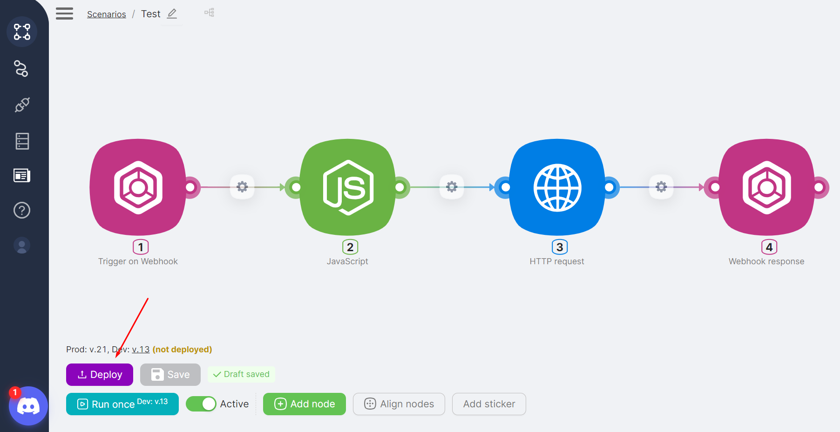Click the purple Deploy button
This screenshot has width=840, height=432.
pos(100,375)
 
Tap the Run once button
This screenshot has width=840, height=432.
pos(122,404)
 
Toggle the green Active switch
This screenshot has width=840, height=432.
pos(201,404)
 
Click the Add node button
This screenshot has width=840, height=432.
pos(305,404)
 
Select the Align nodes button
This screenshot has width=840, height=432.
pos(399,404)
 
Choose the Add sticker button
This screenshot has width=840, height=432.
pos(489,404)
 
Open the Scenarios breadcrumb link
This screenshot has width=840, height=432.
pos(107,14)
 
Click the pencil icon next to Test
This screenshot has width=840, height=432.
pos(172,14)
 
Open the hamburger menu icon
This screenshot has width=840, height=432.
pos(65,14)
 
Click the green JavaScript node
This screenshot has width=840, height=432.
pos(348,187)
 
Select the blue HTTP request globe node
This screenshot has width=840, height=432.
pos(557,187)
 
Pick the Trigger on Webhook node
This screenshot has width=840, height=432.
pos(138,187)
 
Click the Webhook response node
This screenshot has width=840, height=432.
pos(767,187)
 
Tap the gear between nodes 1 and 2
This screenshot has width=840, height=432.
pos(242,187)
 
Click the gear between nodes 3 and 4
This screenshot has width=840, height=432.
pos(661,187)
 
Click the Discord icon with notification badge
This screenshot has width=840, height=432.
pos(28,406)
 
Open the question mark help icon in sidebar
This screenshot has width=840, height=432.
pos(22,210)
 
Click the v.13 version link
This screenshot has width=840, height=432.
pos(141,350)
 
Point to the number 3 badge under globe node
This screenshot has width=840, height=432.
pos(560,247)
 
